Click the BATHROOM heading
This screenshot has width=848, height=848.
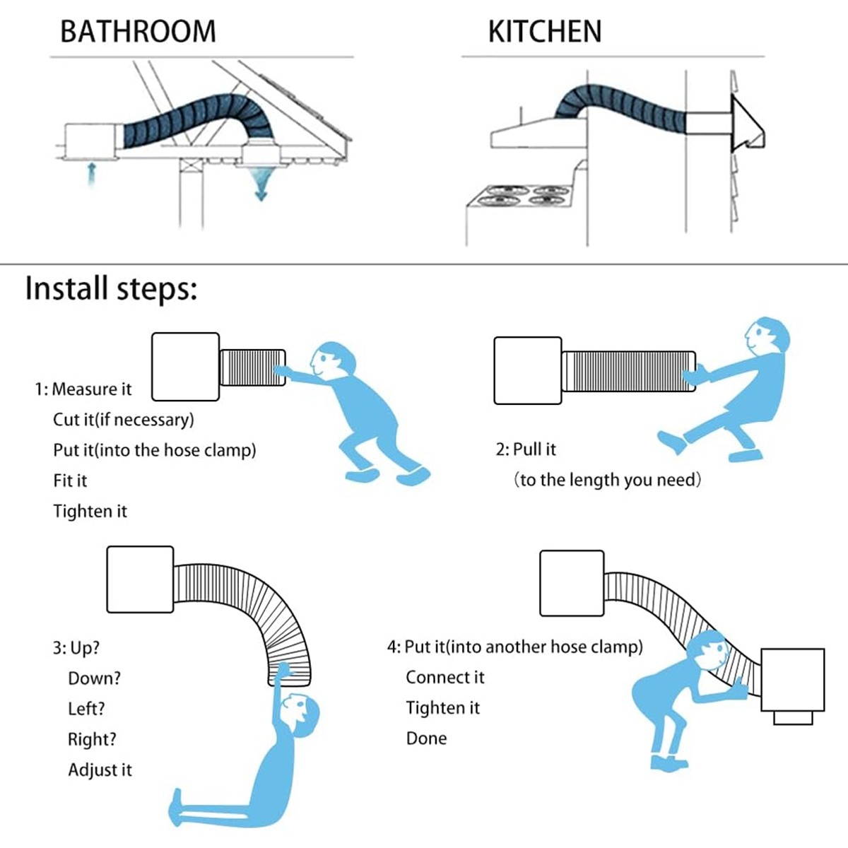pos(138,32)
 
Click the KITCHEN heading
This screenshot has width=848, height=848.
pos(544,32)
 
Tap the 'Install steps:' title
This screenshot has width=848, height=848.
pos(111,289)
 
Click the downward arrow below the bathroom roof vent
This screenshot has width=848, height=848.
pos(261,185)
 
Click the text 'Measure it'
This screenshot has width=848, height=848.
pos(91,389)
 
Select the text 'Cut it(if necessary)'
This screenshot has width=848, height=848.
pos(124,420)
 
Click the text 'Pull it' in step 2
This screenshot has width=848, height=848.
pos(534,449)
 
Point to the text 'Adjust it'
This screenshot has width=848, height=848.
pos(100,770)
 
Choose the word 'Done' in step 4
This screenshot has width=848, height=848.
pos(426,738)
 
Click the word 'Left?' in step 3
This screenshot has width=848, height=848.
pos(86,709)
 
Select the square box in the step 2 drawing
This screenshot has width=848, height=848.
pos(527,370)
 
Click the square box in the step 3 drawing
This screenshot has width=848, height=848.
pos(140,579)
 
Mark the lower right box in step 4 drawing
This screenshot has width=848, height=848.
pos(792,680)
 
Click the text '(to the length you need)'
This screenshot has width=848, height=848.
pos(607,481)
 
